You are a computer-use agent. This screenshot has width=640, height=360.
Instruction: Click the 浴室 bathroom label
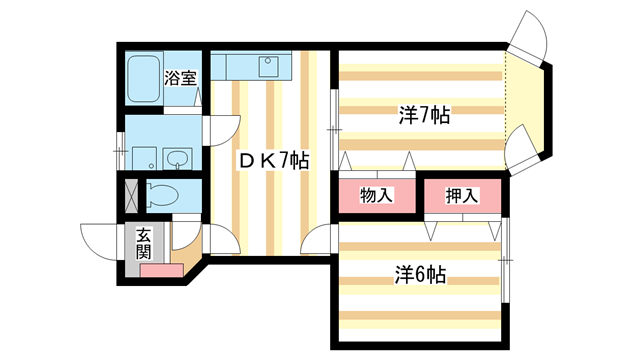pyautogui.click(x=181, y=76)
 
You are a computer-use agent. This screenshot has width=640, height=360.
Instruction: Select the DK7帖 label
pyautogui.click(x=271, y=160)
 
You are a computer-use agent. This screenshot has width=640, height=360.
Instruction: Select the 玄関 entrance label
pyautogui.click(x=144, y=243)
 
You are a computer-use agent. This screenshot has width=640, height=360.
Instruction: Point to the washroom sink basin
pyautogui.click(x=179, y=160)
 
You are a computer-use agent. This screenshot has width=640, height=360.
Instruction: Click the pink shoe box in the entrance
pyautogui.click(x=160, y=270)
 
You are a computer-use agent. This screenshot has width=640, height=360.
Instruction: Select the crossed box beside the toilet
pyautogui.click(x=130, y=193)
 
